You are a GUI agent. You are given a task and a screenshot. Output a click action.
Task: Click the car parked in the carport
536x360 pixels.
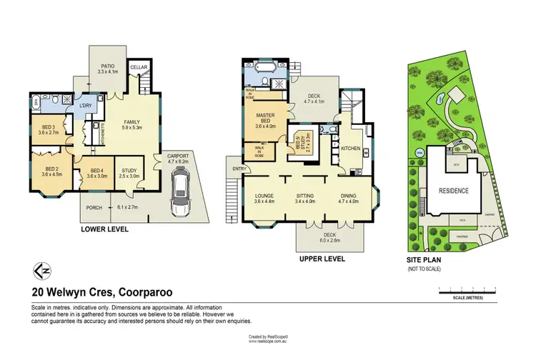[x=179, y=195]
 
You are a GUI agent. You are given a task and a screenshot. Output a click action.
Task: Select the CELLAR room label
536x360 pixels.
[x=138, y=67]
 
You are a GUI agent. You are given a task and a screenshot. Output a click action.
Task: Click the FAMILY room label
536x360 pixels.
[x=132, y=124]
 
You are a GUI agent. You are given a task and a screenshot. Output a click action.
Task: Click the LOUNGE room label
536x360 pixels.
[x=264, y=197]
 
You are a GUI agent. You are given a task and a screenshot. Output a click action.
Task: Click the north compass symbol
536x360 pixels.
[x=42, y=271]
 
